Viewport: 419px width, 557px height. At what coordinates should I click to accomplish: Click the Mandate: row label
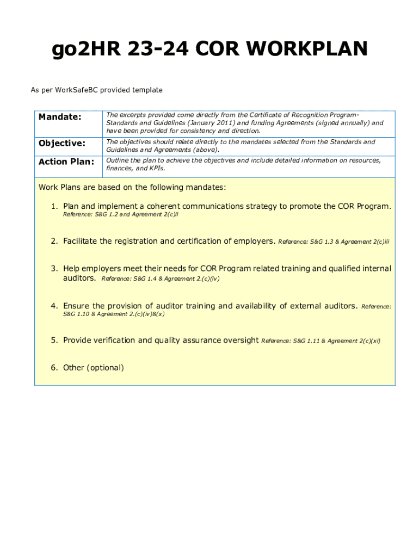pyautogui.click(x=59, y=117)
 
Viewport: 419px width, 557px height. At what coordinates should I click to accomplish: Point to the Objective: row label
pyautogui.click(x=61, y=143)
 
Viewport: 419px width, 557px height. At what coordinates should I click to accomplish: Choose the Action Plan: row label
pyautogui.click(x=66, y=162)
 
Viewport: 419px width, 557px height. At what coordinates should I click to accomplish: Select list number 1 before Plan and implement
pyautogui.click(x=54, y=207)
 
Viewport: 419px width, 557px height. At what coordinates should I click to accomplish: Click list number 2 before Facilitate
pyautogui.click(x=54, y=241)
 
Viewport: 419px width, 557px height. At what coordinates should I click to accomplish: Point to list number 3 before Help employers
pyautogui.click(x=54, y=269)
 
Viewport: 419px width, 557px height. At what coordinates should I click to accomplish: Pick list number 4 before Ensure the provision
pyautogui.click(x=54, y=306)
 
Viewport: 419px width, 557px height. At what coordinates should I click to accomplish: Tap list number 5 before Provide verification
pyautogui.click(x=54, y=341)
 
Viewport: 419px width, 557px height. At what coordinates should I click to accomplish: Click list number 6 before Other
pyautogui.click(x=54, y=368)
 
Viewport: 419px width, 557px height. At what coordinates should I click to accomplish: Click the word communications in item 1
pyautogui.click(x=215, y=207)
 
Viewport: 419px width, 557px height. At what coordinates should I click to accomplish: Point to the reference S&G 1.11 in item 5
pyautogui.click(x=307, y=341)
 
